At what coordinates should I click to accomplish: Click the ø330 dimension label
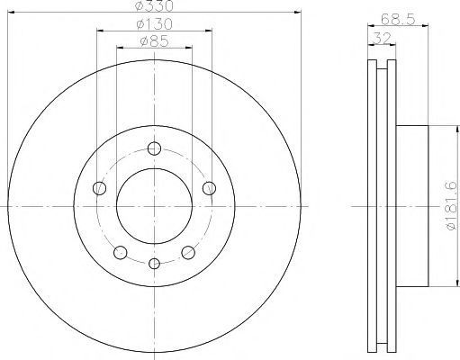point(154,5)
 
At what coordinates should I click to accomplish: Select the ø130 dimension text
point(154,24)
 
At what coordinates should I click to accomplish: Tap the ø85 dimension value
point(154,41)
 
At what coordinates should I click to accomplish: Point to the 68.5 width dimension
point(398,20)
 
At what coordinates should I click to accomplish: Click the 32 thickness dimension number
point(383,38)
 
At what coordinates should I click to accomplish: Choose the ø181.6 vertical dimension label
point(452,206)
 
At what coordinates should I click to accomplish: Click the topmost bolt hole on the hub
point(154,148)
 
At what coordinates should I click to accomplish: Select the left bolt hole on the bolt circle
point(99,188)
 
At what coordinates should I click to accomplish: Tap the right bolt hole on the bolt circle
point(209,188)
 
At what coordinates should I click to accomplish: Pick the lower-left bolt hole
point(121,252)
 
